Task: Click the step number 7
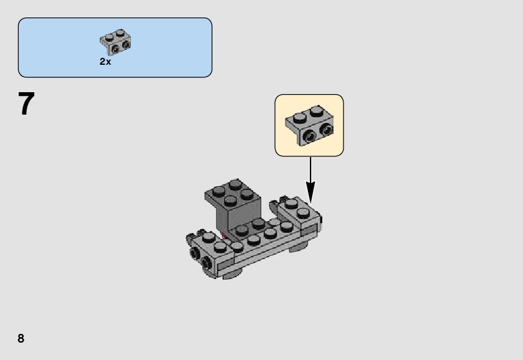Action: [26, 104]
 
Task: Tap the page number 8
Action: [21, 338]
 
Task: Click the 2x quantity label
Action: [105, 62]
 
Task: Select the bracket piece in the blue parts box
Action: [115, 41]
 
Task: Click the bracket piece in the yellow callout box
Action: [309, 123]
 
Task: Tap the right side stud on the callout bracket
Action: [325, 130]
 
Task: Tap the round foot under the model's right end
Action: [299, 245]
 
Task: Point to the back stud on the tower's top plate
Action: [234, 184]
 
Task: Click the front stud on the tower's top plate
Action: [229, 201]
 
